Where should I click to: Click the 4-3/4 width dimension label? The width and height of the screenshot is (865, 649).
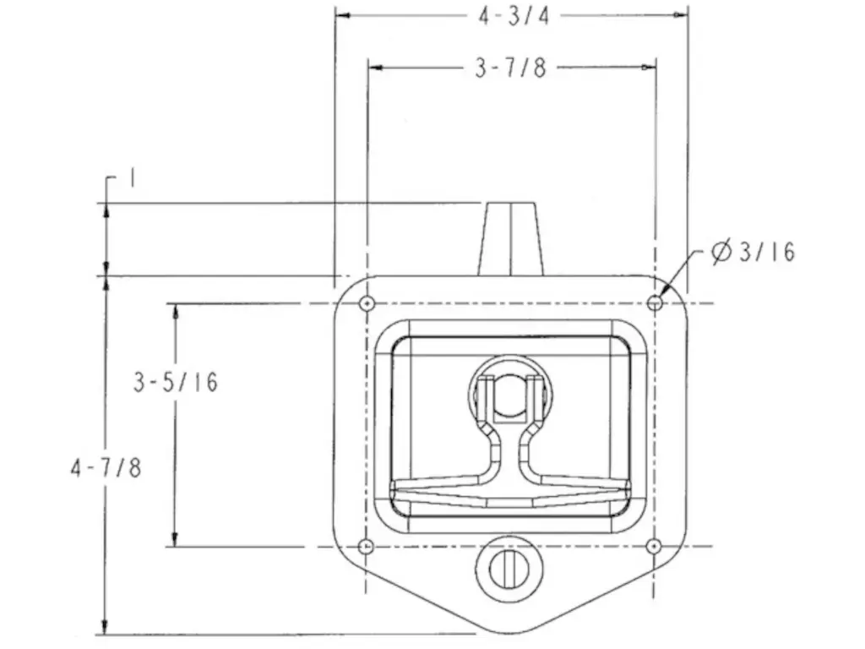click(x=514, y=16)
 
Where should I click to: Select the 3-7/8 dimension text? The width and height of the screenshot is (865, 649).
click(x=510, y=68)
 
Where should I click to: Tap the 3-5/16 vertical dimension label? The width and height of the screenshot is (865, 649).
click(x=176, y=382)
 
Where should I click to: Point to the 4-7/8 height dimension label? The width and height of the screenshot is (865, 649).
click(x=106, y=468)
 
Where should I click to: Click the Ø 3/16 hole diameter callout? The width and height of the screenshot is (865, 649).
click(x=753, y=252)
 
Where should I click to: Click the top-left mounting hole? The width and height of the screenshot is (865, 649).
click(x=367, y=303)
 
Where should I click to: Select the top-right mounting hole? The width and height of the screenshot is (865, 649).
click(x=655, y=303)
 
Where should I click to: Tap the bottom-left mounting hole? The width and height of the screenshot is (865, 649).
click(x=366, y=547)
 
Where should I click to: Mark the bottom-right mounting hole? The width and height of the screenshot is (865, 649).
click(x=654, y=547)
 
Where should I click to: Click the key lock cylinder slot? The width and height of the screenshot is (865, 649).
click(x=509, y=569)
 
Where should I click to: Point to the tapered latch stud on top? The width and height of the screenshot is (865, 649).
click(x=511, y=239)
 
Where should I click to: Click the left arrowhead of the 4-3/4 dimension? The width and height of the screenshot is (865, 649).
click(x=343, y=15)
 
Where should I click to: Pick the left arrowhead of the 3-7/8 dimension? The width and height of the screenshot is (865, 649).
click(x=375, y=68)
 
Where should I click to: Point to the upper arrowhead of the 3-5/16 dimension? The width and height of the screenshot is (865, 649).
click(x=176, y=311)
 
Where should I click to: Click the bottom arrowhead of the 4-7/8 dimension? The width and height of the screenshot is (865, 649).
click(x=106, y=627)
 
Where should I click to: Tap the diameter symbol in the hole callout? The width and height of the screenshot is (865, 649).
click(x=721, y=252)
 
